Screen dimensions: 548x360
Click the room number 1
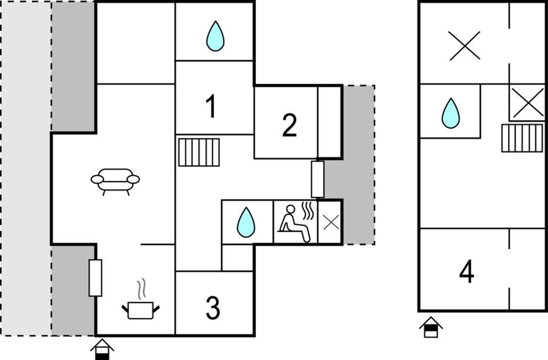click(210, 107)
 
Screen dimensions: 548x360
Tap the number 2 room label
click(289, 125)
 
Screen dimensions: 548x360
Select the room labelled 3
click(213, 308)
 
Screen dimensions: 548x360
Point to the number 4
click(467, 271)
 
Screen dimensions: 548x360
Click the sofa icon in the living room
click(115, 181)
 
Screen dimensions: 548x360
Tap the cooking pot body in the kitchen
click(140, 310)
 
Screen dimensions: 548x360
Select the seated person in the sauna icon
click(293, 223)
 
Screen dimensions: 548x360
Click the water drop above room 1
click(215, 36)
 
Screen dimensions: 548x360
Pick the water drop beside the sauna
click(246, 223)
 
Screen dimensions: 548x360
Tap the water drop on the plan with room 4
click(450, 113)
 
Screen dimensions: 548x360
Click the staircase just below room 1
click(199, 152)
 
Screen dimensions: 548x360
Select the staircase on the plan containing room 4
click(523, 138)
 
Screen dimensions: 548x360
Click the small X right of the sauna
click(331, 223)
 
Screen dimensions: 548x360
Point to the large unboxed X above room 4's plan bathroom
click(464, 46)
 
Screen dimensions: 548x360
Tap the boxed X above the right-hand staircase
click(528, 103)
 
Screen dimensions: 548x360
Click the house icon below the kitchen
click(102, 349)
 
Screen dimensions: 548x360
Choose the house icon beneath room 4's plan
click(431, 327)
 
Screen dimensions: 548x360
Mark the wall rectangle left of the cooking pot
click(95, 278)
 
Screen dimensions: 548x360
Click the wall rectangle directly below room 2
click(317, 179)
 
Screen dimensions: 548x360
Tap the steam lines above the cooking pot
click(141, 289)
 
